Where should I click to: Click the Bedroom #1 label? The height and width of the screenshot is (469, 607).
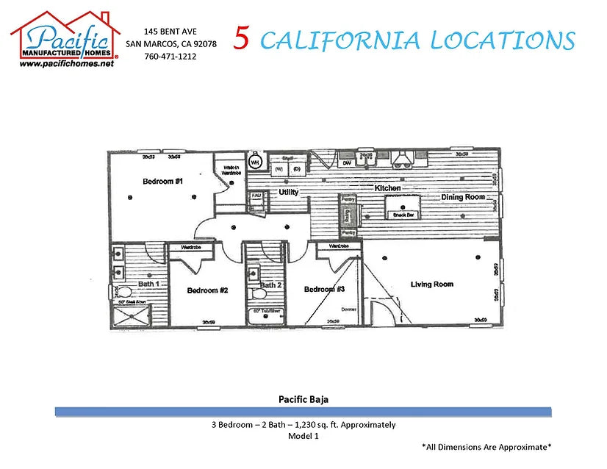tap(162, 181)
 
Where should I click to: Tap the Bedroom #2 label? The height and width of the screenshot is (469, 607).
tap(207, 290)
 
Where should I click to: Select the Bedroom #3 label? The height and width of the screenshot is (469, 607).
tap(325, 290)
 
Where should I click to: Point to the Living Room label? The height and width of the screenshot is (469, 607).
tap(431, 284)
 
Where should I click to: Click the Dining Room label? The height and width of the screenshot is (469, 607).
tap(463, 197)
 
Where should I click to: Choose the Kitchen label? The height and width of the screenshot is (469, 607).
tap(387, 188)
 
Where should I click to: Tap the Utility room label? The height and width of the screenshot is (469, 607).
tap(288, 192)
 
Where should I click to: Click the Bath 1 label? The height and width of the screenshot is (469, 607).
tap(149, 283)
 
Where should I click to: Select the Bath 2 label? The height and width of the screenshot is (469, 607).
tap(270, 285)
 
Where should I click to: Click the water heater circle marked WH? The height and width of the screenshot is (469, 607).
tap(256, 162)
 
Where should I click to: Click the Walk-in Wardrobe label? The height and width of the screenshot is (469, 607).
tap(229, 168)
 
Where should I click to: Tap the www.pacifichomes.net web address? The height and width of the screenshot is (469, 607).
tap(67, 64)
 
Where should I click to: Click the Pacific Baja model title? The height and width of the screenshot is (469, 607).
tap(303, 400)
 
